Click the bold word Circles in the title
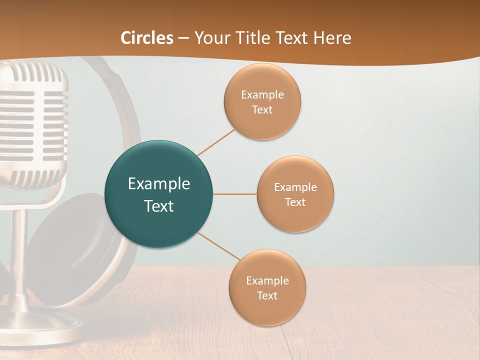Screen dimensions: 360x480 coord(147,38)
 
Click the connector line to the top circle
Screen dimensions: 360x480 coord(216,142)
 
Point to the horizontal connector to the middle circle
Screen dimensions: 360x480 coord(235,194)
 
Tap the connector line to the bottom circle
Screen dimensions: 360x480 coord(219,246)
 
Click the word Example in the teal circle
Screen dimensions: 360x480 coord(159,184)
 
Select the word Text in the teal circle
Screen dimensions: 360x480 coord(159,206)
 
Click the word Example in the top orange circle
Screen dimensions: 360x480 coord(262,95)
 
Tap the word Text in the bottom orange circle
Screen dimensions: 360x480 coord(267,295)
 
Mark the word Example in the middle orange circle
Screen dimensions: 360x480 coord(295,187)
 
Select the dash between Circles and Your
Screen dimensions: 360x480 coord(183,38)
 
